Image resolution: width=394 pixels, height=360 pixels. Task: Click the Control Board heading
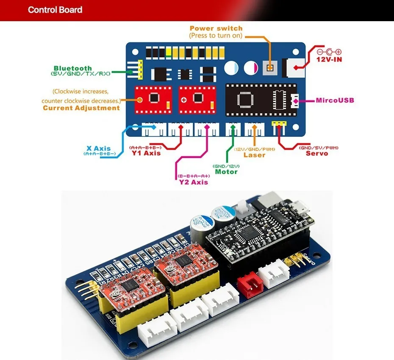pyautogui.click(x=55, y=10)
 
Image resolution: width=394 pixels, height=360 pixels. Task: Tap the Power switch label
pyautogui.click(x=216, y=28)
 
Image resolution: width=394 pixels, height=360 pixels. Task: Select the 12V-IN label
pyautogui.click(x=329, y=60)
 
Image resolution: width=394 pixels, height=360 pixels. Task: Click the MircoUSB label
pyautogui.click(x=335, y=101)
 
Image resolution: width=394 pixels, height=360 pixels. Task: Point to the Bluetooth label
pyautogui.click(x=72, y=68)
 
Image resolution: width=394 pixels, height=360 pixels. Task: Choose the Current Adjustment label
pyautogui.click(x=81, y=108)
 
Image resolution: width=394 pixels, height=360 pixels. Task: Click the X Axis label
pyautogui.click(x=98, y=148)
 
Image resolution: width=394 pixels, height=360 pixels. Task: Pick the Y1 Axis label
pyautogui.click(x=146, y=153)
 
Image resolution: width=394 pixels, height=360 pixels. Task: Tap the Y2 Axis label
pyautogui.click(x=194, y=182)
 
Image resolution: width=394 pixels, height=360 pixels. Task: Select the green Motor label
pyautogui.click(x=226, y=172)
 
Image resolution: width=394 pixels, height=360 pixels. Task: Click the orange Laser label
pyautogui.click(x=254, y=155)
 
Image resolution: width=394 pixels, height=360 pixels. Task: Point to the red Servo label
pyautogui.click(x=317, y=153)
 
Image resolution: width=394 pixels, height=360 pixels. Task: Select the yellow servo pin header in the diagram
pyautogui.click(x=279, y=124)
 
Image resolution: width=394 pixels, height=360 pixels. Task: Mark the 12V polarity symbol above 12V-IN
pyautogui.click(x=329, y=52)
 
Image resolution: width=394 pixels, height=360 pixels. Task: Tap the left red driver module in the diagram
pyautogui.click(x=153, y=99)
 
